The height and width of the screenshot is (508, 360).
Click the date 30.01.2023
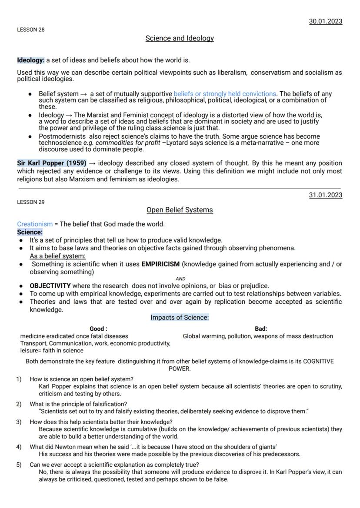(x=325, y=21)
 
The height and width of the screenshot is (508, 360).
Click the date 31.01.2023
(x=325, y=195)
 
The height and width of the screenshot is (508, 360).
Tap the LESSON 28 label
(x=30, y=30)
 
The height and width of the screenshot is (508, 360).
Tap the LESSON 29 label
(x=30, y=202)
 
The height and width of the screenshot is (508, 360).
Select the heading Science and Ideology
(x=180, y=38)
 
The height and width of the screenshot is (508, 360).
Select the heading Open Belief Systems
(x=180, y=210)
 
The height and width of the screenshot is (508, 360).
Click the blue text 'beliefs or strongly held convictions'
(x=225, y=94)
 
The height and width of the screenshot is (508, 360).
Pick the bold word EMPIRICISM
(x=160, y=264)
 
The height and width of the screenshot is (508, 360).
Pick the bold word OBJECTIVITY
(x=50, y=286)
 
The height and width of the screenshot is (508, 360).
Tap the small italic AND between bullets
(x=180, y=279)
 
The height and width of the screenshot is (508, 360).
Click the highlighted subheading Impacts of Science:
(x=180, y=318)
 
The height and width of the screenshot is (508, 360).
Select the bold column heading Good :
(x=98, y=329)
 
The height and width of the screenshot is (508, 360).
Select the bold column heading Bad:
(x=261, y=329)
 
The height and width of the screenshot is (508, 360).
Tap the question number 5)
(x=19, y=465)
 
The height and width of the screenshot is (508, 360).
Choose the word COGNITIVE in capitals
(x=318, y=361)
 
